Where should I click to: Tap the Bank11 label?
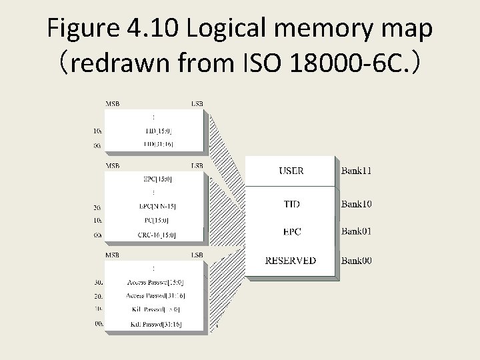(357, 171)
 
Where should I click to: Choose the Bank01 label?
(357, 231)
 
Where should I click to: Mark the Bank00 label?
(357, 260)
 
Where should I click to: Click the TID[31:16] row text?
(157, 144)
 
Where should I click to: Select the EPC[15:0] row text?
(157, 179)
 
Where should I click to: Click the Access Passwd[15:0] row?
(155, 282)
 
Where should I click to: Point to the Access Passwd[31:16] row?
(155, 295)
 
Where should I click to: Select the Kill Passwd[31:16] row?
(155, 324)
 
